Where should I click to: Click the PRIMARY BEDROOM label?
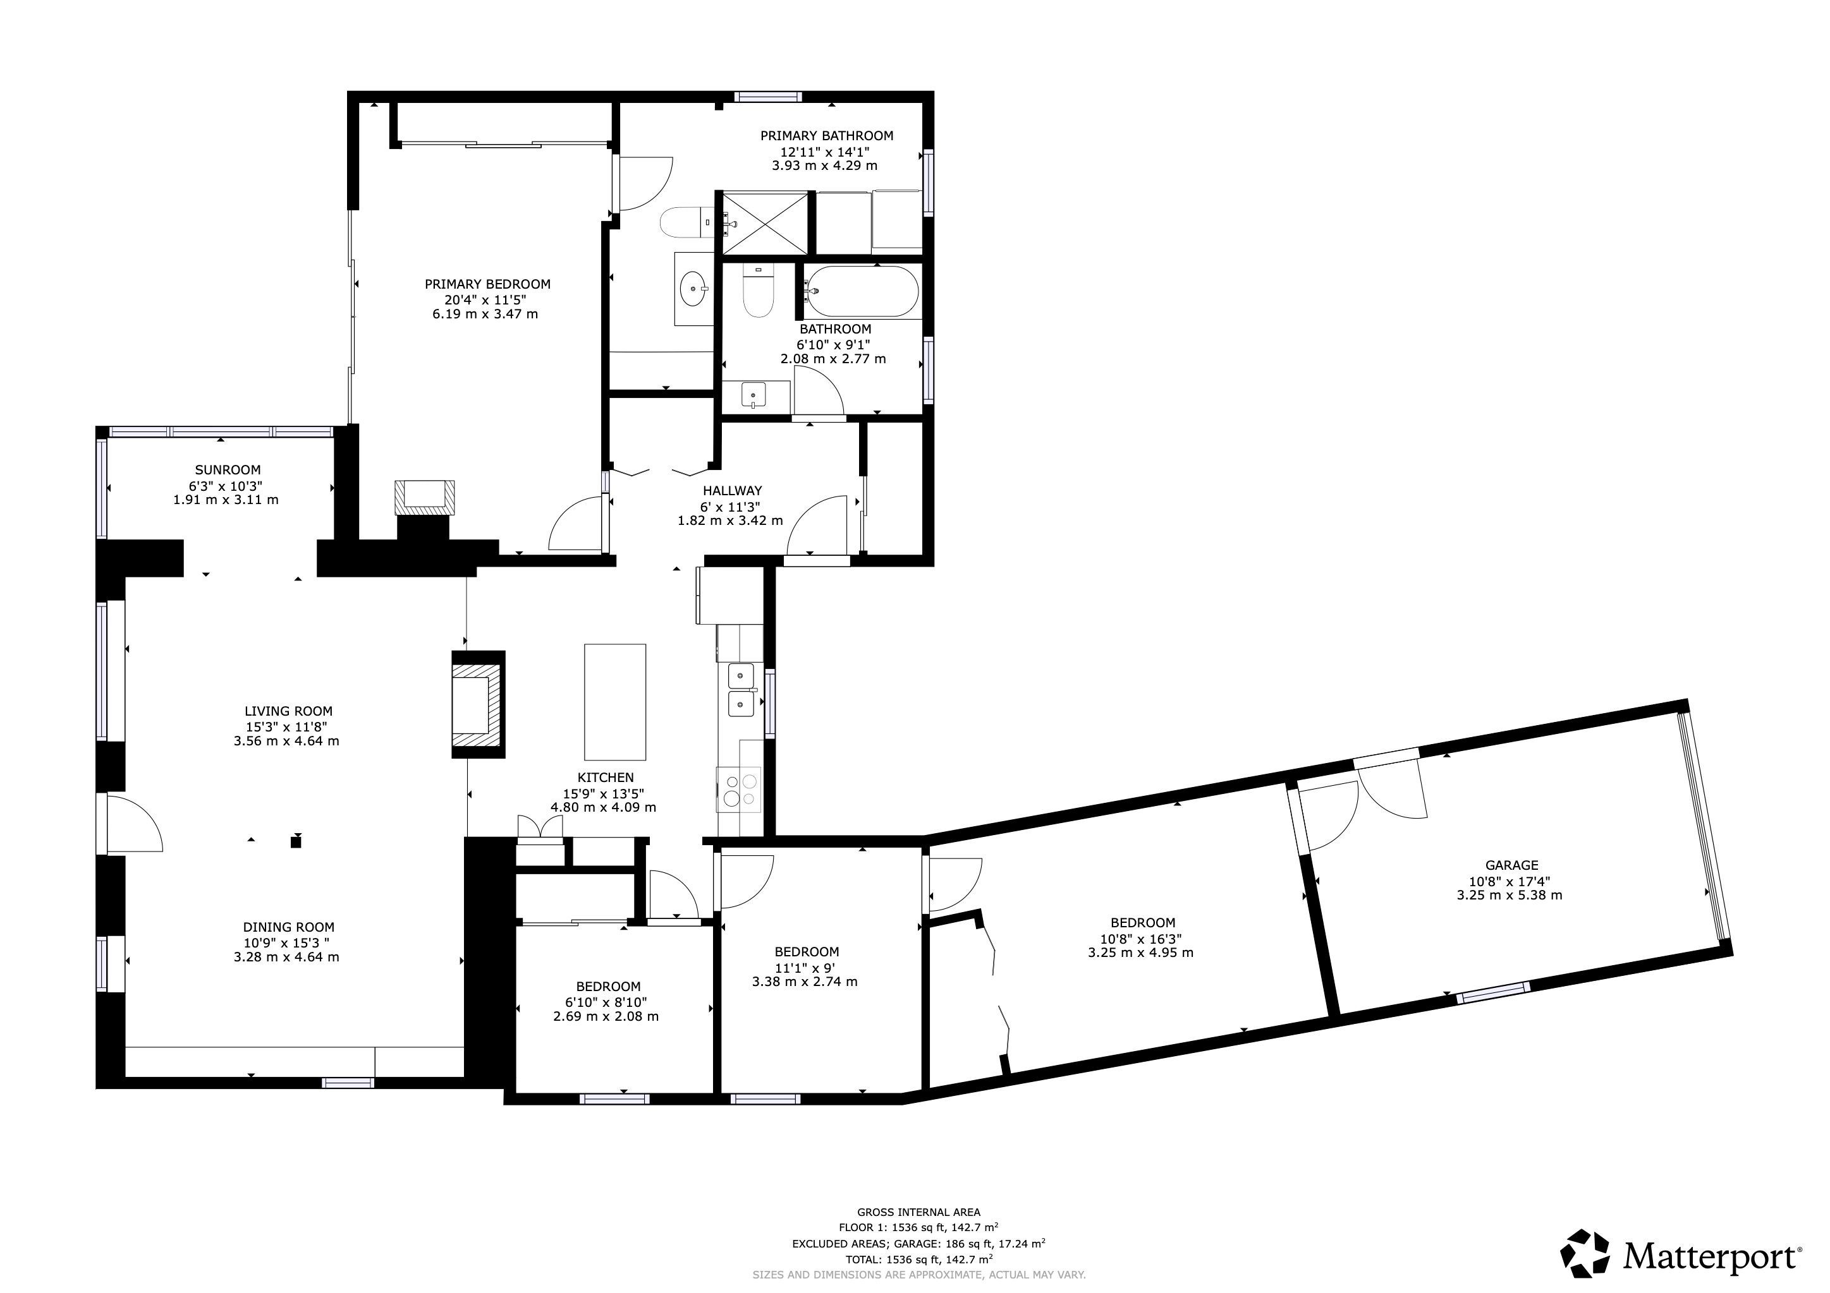[x=487, y=284]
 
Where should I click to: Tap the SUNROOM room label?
[x=228, y=470]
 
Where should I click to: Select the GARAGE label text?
[x=1511, y=865]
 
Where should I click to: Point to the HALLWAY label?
[x=731, y=491]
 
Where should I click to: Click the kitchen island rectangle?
[x=614, y=702]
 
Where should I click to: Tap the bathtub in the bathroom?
[x=861, y=292]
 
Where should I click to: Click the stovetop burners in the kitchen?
[x=739, y=789]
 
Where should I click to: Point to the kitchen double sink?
[x=741, y=689]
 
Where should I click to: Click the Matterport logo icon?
[x=1585, y=1253]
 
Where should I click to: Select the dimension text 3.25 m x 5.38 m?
[x=1510, y=894]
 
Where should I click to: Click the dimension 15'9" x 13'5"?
[x=602, y=793]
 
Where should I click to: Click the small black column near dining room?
[x=296, y=841]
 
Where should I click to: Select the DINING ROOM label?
[x=288, y=927]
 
